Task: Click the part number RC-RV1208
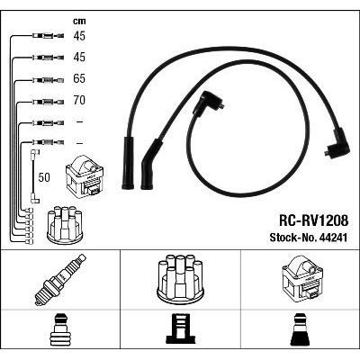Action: click(313, 221)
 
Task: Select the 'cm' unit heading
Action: click(79, 22)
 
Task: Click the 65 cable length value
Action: click(79, 78)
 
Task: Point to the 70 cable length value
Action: click(79, 100)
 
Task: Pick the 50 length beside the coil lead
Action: click(44, 177)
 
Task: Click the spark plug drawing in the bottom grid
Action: click(60, 280)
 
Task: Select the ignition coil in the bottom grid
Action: click(302, 279)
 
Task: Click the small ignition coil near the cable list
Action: click(85, 176)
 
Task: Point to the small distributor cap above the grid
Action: click(65, 225)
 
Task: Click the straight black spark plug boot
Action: click(128, 163)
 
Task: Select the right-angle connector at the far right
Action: click(337, 144)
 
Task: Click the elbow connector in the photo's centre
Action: click(207, 104)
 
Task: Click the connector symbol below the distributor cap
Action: click(180, 330)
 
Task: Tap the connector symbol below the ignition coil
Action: click(301, 330)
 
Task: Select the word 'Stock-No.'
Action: click(292, 238)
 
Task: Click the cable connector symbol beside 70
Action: click(48, 102)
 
